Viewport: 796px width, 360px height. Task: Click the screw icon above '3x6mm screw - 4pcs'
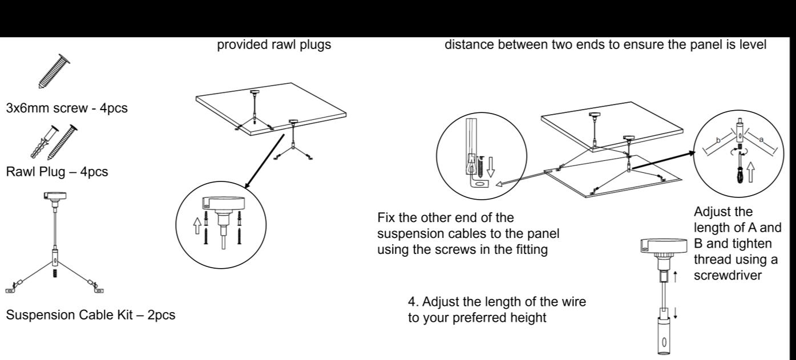click(54, 71)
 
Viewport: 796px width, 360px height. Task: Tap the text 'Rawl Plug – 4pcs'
click(57, 172)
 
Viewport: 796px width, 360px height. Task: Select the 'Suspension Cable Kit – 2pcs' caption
click(91, 315)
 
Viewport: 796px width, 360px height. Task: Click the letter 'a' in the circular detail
click(761, 140)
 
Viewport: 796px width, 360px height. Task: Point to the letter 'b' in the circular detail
click(718, 140)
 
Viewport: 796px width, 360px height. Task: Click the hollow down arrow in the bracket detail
click(490, 167)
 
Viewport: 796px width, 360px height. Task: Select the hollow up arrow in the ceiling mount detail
click(197, 226)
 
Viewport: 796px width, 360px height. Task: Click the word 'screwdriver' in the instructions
click(728, 276)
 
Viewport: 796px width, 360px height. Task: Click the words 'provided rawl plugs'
click(274, 45)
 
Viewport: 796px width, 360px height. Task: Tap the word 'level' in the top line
click(752, 45)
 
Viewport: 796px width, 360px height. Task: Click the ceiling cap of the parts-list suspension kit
click(55, 196)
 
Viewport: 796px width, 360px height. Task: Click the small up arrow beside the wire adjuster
click(675, 277)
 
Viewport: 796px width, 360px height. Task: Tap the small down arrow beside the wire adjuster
click(675, 313)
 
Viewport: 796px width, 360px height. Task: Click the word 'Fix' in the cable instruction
click(386, 217)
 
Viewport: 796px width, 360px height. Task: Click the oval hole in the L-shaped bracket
click(479, 184)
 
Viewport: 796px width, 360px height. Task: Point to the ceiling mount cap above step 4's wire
click(664, 246)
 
